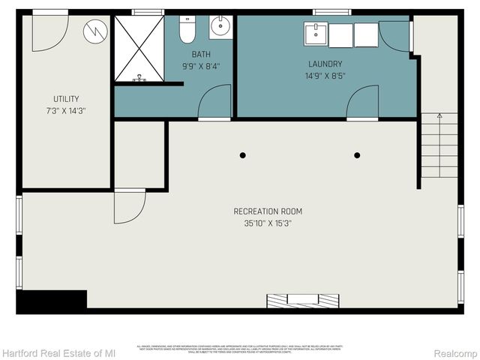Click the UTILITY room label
(x=66, y=99)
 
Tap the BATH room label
(x=201, y=54)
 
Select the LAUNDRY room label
(x=325, y=64)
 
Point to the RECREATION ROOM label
(x=268, y=211)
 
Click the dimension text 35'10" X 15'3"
(x=268, y=223)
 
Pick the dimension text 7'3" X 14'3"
(x=66, y=111)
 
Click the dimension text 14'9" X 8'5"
(x=325, y=76)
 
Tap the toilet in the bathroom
(x=187, y=29)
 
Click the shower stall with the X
(x=139, y=46)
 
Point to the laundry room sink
(x=315, y=34)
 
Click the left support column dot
(x=242, y=155)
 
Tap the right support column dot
(x=357, y=155)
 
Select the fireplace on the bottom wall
(x=303, y=300)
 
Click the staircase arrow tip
(x=439, y=115)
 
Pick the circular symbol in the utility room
(x=96, y=31)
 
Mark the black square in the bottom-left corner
(x=51, y=301)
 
